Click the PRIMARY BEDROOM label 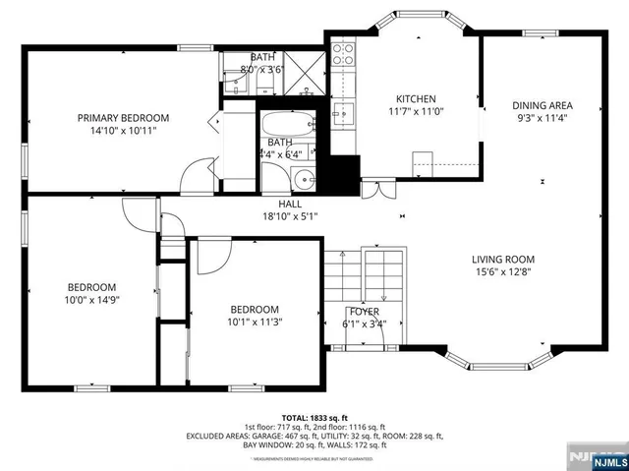click(x=123, y=117)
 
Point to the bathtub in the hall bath click(x=288, y=125)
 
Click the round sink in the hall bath click(x=304, y=180)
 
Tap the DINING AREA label click(x=542, y=105)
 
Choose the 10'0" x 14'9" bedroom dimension click(x=90, y=302)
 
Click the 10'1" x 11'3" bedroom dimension click(x=255, y=322)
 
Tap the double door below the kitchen click(x=374, y=189)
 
